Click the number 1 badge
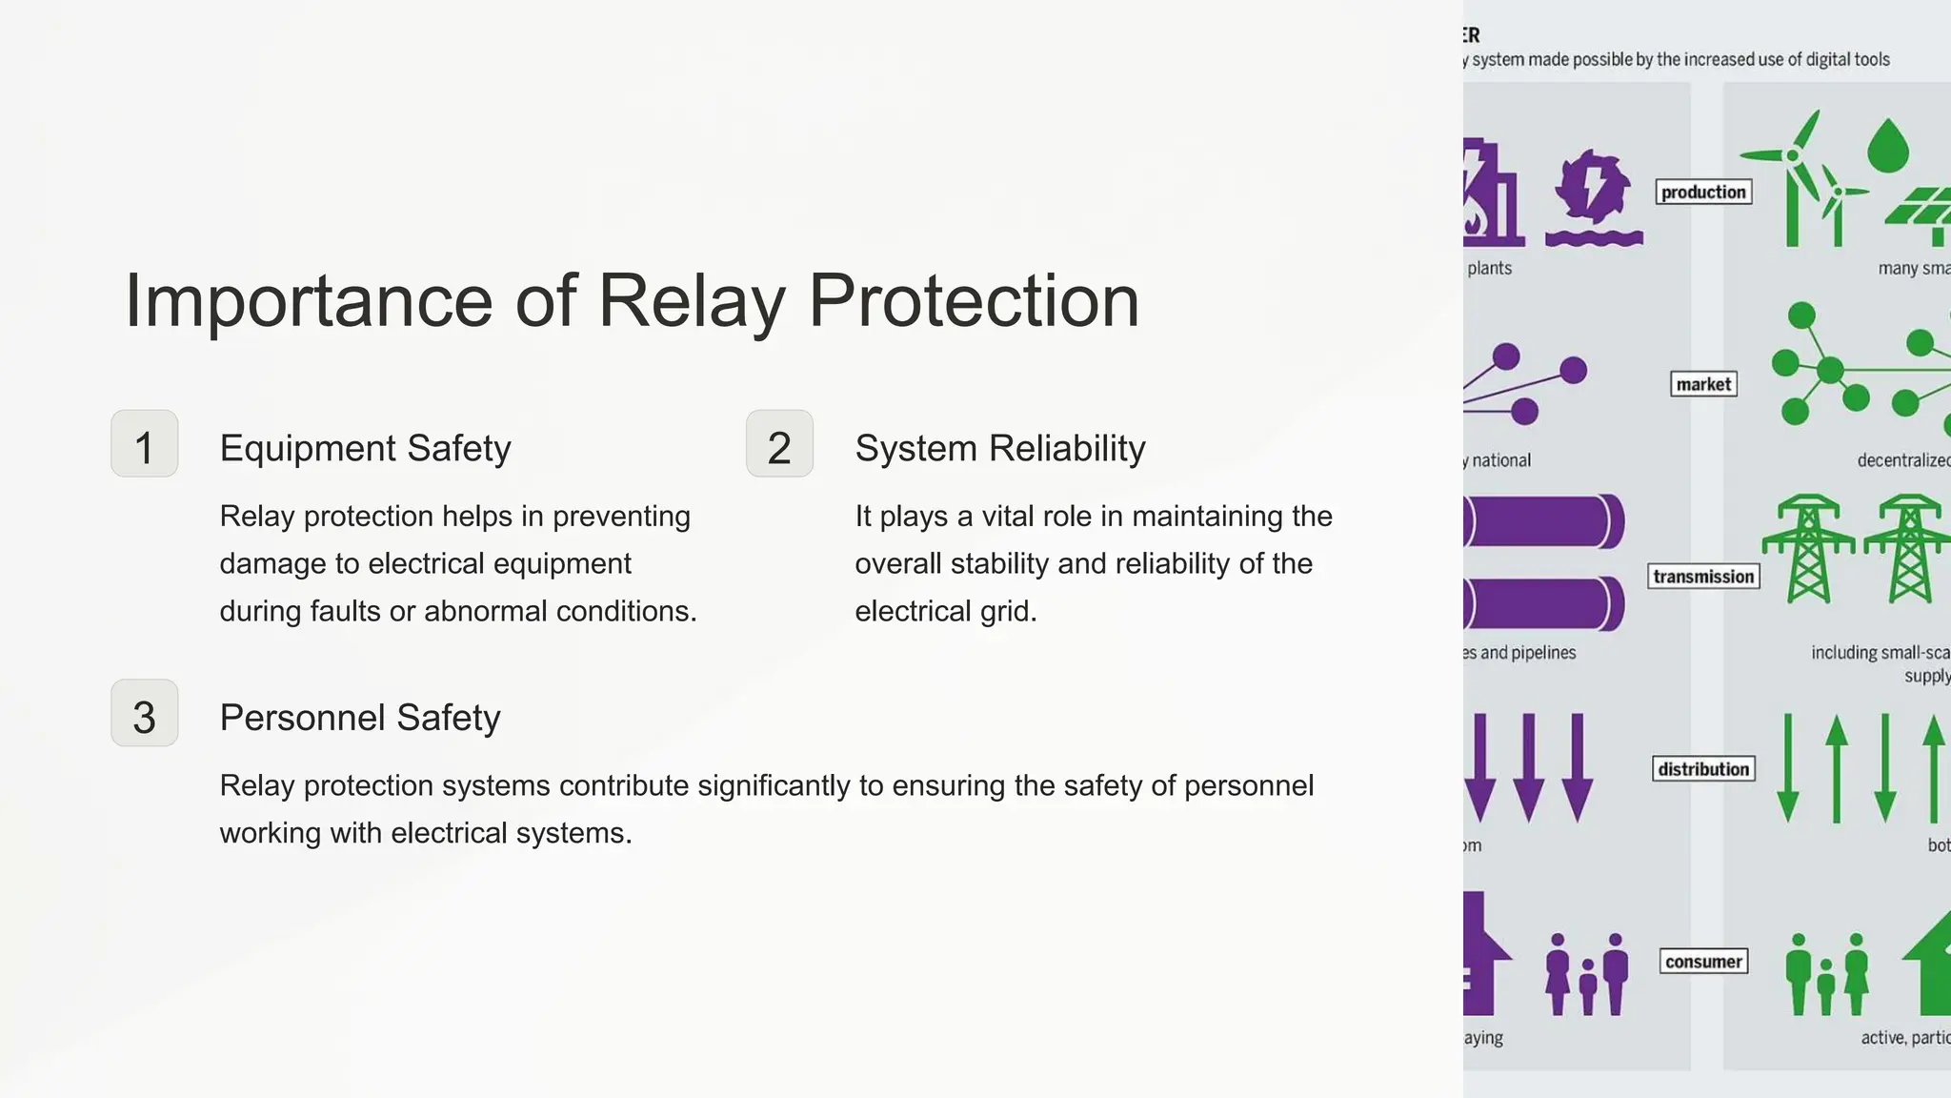coord(144,444)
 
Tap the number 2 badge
coord(779,444)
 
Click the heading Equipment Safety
coord(365,448)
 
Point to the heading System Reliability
coord(999,448)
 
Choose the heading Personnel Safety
coord(359,717)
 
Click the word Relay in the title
coord(691,301)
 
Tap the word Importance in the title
coord(308,301)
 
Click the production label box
coord(1703,193)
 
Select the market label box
coord(1703,384)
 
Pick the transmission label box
coord(1703,577)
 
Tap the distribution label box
coord(1703,769)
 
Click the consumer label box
coord(1703,962)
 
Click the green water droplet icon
coord(1887,146)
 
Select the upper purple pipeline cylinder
coord(1543,521)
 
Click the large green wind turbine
coord(1794,176)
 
